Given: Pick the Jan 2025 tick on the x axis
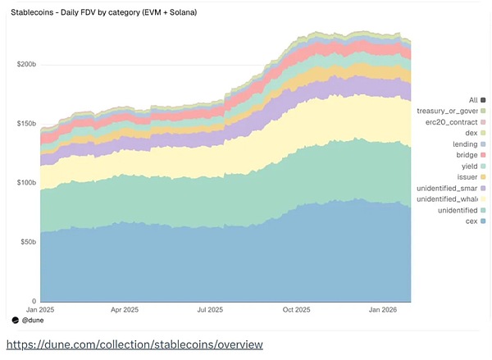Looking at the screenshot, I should (x=39, y=310).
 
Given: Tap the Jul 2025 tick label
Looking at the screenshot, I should (x=211, y=310).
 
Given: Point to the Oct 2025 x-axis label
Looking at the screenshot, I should (x=297, y=310).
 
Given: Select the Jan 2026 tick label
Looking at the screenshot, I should (x=382, y=310).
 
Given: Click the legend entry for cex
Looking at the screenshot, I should (x=471, y=221).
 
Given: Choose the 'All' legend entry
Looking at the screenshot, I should (x=472, y=99).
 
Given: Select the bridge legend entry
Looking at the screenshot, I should (x=467, y=154).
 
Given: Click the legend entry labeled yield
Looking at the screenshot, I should (x=468, y=166).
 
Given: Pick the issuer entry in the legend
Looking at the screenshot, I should (x=467, y=176).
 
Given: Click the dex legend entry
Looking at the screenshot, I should (x=471, y=132).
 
